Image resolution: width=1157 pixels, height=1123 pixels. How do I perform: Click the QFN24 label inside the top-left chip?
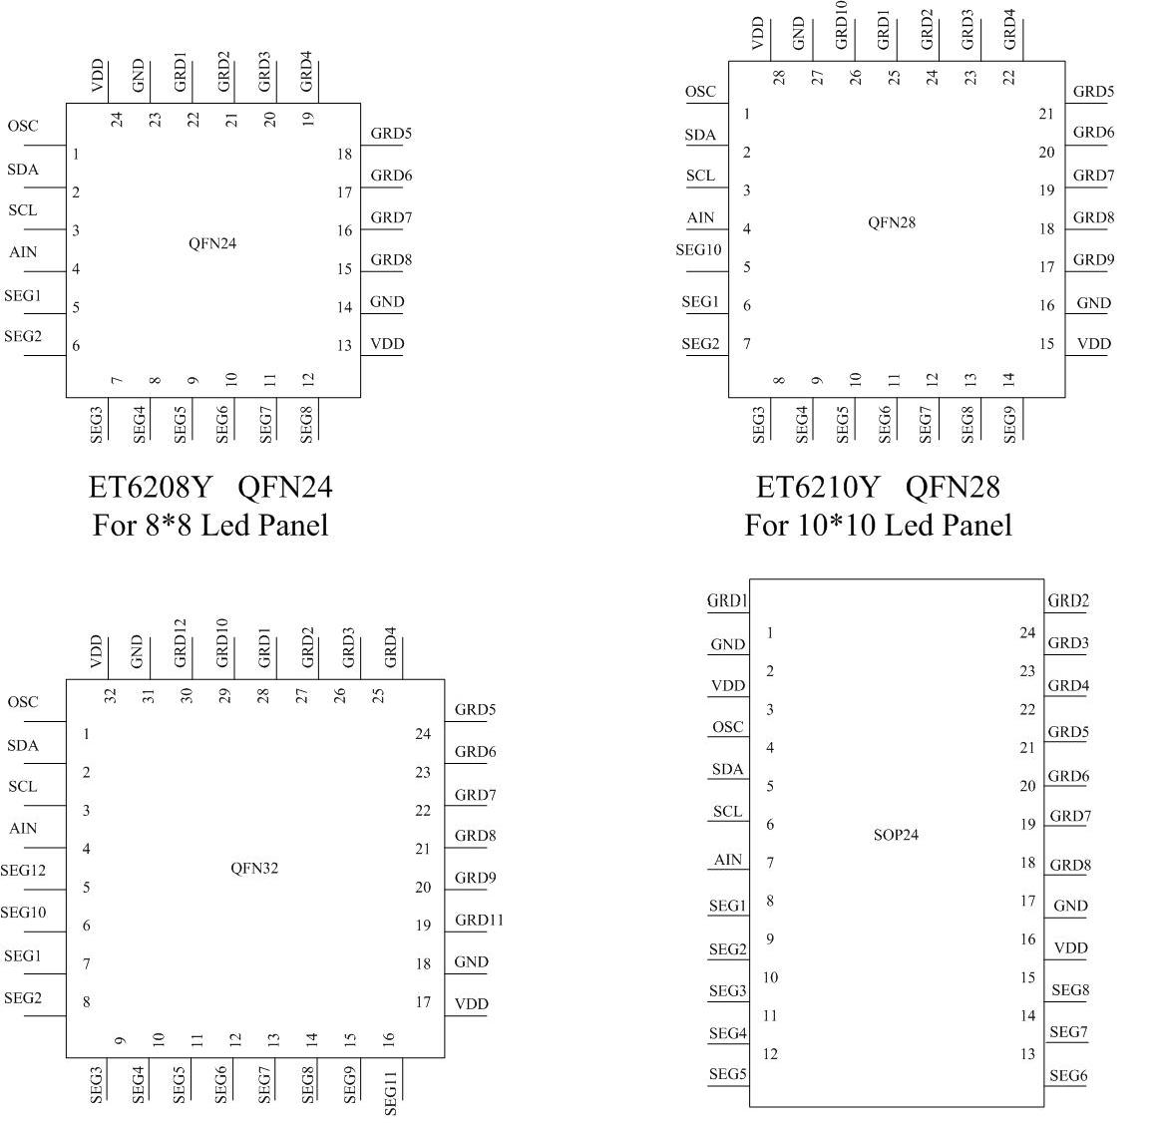[x=212, y=244]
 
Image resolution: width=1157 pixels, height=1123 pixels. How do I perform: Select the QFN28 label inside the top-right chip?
[x=892, y=222]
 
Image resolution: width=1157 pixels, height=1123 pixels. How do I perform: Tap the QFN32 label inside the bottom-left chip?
[x=254, y=868]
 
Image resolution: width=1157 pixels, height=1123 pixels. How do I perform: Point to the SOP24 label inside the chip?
[x=896, y=835]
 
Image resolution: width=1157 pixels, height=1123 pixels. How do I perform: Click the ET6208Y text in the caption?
[x=151, y=487]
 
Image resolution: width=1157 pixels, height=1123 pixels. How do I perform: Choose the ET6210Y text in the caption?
[x=818, y=487]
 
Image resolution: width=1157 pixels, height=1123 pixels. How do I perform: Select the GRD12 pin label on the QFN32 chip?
[x=181, y=643]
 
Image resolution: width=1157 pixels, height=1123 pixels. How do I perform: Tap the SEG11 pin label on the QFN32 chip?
[x=390, y=1093]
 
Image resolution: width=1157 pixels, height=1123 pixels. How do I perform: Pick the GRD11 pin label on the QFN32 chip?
[x=479, y=920]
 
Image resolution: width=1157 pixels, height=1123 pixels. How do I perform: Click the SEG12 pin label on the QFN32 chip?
[x=24, y=871]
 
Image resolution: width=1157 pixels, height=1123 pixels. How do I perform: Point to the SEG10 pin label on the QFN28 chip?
[x=698, y=250]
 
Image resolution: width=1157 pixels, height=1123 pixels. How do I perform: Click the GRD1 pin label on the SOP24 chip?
[x=727, y=600]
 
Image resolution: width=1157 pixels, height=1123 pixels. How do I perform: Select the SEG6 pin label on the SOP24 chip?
[x=1068, y=1075]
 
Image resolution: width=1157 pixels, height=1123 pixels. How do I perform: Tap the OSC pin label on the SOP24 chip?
[x=727, y=727]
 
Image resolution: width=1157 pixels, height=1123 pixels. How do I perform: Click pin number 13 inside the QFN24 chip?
[x=344, y=346]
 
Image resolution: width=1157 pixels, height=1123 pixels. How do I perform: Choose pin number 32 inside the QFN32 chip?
[x=111, y=695]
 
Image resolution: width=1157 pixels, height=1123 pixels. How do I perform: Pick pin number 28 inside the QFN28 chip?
[x=779, y=77]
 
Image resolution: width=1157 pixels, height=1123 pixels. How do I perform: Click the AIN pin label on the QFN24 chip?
[x=23, y=252]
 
